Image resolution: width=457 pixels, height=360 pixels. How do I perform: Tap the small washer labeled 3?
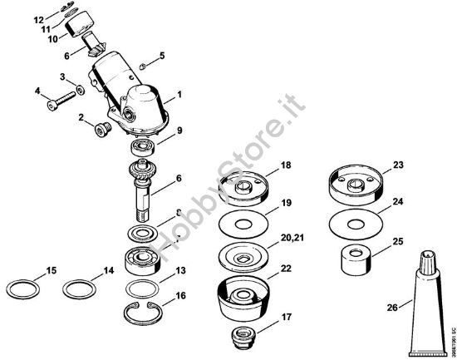(79, 89)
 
